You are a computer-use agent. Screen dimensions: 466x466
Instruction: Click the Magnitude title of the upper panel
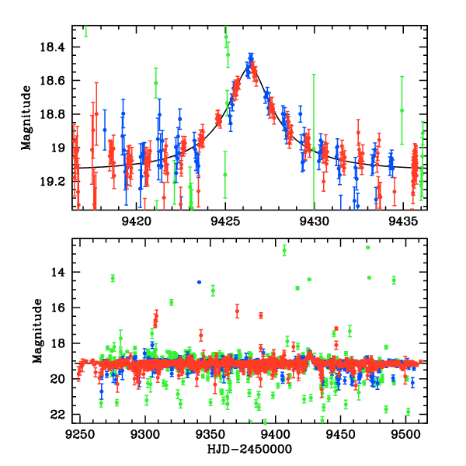27,117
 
